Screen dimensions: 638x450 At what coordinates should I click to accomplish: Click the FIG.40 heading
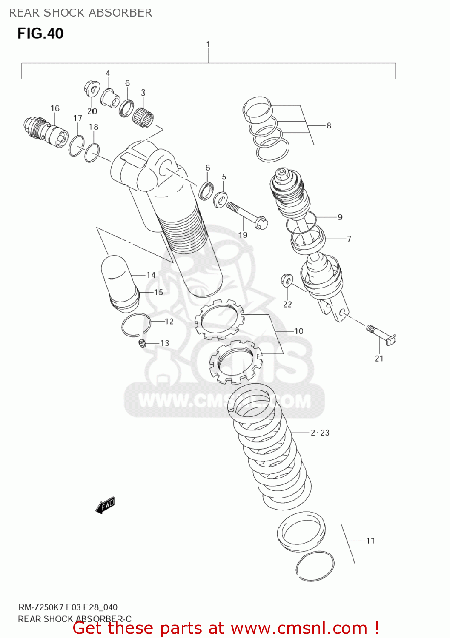pos(40,34)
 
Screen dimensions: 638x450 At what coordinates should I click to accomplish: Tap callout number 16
pos(55,108)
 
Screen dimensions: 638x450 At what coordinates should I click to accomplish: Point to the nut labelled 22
pos(287,280)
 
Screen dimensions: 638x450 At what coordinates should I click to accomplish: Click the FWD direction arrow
pos(105,505)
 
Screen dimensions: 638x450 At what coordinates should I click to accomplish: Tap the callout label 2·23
pos(320,433)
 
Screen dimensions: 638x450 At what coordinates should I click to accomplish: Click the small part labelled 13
pos(142,343)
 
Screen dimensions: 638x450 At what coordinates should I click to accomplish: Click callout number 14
pos(151,275)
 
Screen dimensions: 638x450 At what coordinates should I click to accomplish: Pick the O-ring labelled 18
pos(92,153)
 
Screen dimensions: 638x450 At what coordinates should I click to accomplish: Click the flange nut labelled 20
pos(91,88)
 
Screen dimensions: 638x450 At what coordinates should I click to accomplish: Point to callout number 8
pos(329,126)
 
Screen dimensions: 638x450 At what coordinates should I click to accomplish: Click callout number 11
pos(371,541)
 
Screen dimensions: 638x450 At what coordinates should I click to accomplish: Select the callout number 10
pos(299,331)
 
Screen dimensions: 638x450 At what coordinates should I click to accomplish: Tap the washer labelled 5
pos(220,199)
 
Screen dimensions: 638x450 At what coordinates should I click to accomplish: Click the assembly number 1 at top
pos(208,44)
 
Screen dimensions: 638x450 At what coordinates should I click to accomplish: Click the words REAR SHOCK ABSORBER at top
pos(80,13)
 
